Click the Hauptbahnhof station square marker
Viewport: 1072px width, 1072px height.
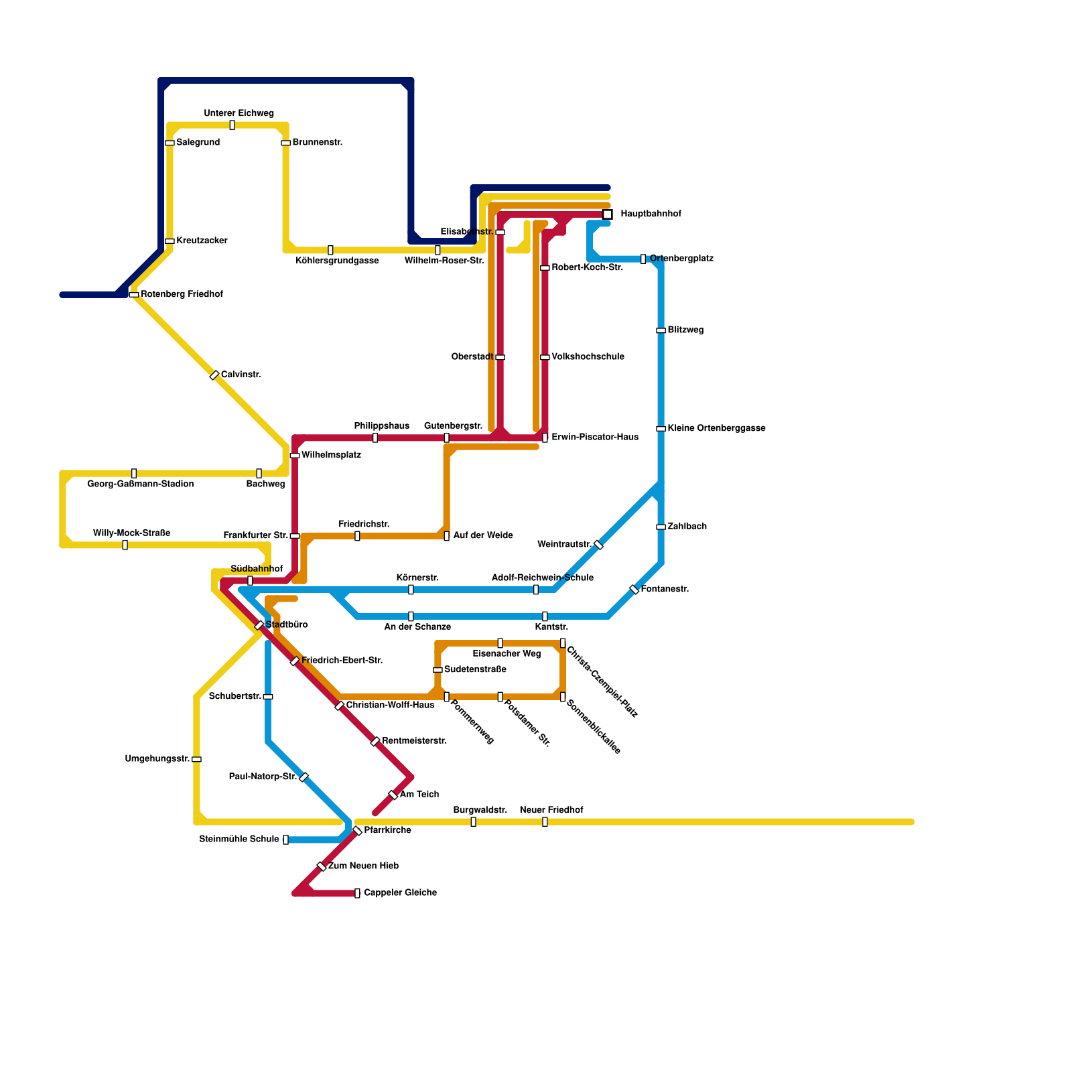pos(607,214)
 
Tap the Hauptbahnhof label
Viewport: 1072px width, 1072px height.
pos(651,214)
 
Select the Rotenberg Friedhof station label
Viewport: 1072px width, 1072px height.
pos(182,295)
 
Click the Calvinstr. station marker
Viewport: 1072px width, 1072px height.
pos(214,375)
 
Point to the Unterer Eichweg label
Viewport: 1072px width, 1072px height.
pos(239,114)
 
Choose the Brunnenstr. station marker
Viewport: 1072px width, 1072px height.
pos(285,143)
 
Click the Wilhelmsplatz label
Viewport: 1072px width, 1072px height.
pos(331,456)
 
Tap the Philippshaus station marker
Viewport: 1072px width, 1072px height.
pos(375,438)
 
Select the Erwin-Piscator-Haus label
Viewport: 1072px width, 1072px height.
pos(595,438)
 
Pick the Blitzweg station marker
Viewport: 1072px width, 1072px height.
pos(661,330)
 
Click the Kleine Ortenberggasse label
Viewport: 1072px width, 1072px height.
pos(716,429)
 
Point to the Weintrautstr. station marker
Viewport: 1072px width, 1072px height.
pos(599,545)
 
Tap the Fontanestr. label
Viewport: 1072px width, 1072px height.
pos(665,590)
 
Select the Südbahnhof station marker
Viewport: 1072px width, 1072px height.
pos(250,580)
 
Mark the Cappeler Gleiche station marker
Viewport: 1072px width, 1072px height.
pos(357,893)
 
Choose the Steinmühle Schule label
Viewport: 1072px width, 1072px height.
pos(239,840)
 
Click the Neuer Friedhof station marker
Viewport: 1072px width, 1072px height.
pos(545,821)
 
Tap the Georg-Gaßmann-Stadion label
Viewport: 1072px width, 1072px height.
pos(141,484)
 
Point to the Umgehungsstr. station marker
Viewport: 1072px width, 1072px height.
pos(196,759)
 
